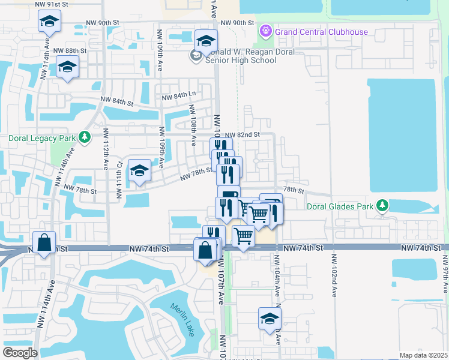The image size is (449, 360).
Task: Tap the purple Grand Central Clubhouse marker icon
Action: [x=265, y=31]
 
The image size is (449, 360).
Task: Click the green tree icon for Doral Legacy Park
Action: [x=85, y=138]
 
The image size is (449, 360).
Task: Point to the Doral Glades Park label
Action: [x=340, y=206]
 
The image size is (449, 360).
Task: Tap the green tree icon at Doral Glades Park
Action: [x=382, y=206]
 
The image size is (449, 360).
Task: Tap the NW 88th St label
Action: [x=70, y=51]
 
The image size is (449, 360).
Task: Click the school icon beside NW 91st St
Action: [x=48, y=22]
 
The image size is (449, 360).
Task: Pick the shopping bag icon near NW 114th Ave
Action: [x=44, y=243]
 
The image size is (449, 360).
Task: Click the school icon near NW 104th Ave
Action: [x=270, y=319]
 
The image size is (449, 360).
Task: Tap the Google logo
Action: [x=19, y=353]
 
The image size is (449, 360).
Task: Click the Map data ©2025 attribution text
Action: [x=423, y=355]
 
